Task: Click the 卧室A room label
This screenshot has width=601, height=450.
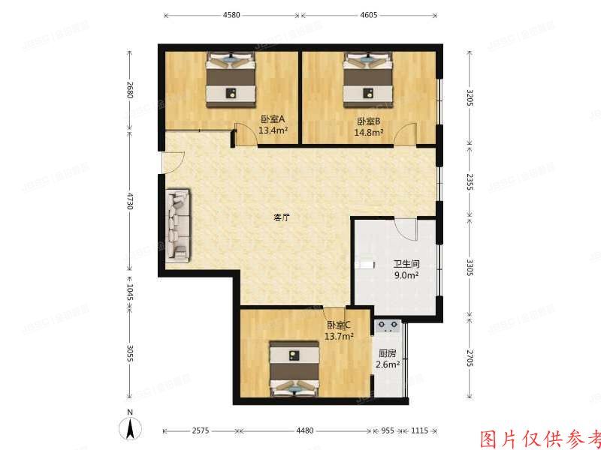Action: point(272,120)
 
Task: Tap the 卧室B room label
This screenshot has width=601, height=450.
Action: point(369,121)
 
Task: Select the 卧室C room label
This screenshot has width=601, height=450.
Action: point(339,325)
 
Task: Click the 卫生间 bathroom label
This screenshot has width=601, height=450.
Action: point(406,264)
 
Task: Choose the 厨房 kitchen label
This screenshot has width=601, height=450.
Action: point(388,354)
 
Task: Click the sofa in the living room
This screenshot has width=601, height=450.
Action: point(179,226)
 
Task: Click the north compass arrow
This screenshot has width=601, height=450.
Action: point(131,429)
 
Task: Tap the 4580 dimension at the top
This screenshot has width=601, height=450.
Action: point(231,15)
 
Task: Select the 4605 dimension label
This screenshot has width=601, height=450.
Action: point(368,15)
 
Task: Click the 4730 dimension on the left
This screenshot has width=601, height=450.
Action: point(130,202)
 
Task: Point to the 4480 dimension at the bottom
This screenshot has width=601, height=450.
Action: point(304,431)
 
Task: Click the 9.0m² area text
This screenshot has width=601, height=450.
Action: point(406,274)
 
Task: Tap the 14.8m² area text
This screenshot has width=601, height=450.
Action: point(369,133)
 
